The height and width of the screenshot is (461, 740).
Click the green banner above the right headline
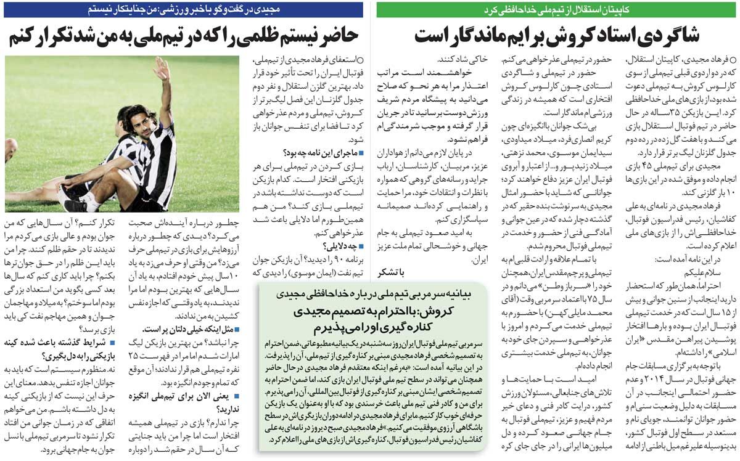[x=557, y=10]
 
